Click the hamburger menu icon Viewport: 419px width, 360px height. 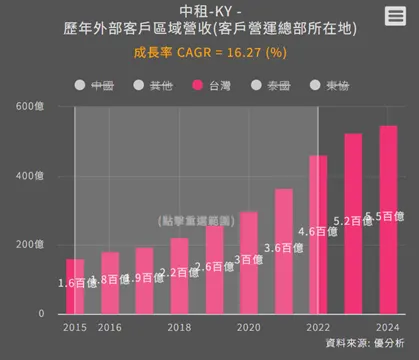(395, 17)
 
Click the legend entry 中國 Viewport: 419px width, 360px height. (94, 87)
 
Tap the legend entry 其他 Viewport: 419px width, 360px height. (151, 87)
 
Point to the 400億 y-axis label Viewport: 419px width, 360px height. (30, 176)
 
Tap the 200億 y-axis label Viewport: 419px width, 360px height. (30, 245)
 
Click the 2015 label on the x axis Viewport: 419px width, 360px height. (75, 327)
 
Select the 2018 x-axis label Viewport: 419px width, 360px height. (179, 327)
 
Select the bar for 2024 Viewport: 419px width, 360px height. (388, 220)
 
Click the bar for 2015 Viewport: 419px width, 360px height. (75, 286)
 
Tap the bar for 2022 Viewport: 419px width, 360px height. (318, 234)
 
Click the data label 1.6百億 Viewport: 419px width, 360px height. (79, 283)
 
